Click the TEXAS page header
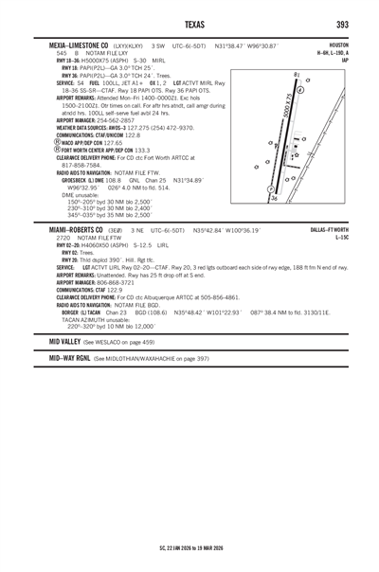click(x=189, y=24)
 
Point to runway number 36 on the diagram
click(x=274, y=199)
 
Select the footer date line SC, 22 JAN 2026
click(x=189, y=546)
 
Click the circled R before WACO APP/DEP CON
click(x=59, y=141)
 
